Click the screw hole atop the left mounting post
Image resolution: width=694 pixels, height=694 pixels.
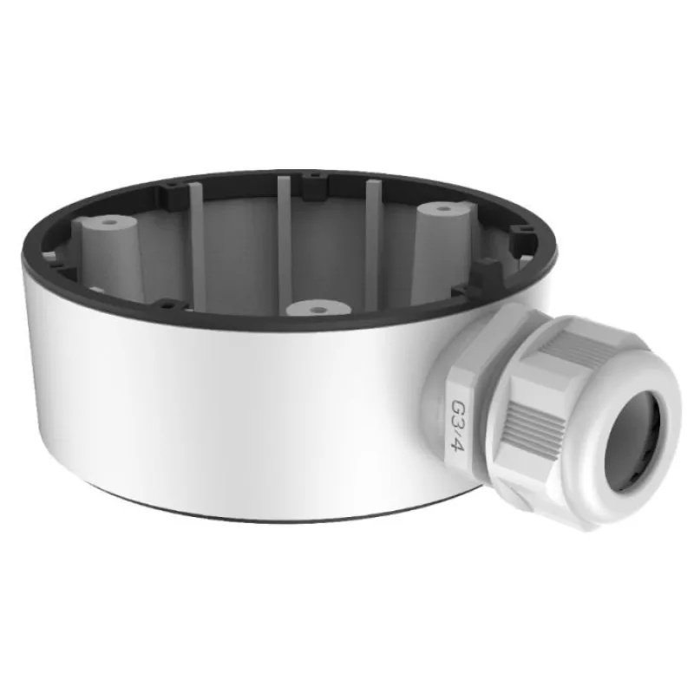107,223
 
